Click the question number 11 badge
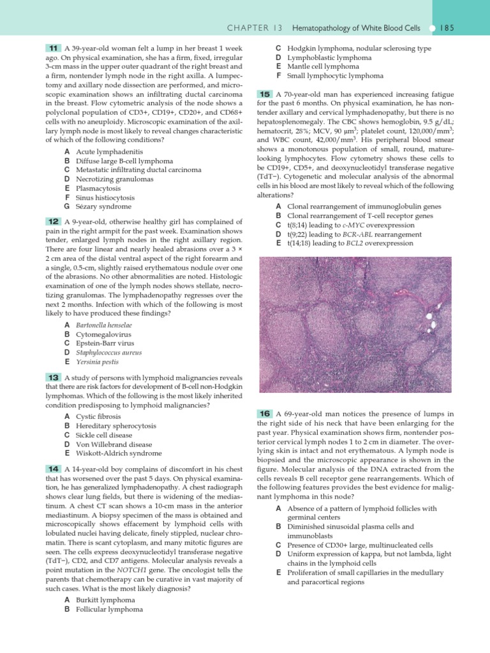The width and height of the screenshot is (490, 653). [x=53, y=48]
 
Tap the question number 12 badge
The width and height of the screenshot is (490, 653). [x=53, y=221]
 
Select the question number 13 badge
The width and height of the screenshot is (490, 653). [x=53, y=377]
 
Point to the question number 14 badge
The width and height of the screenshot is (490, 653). [x=53, y=469]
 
